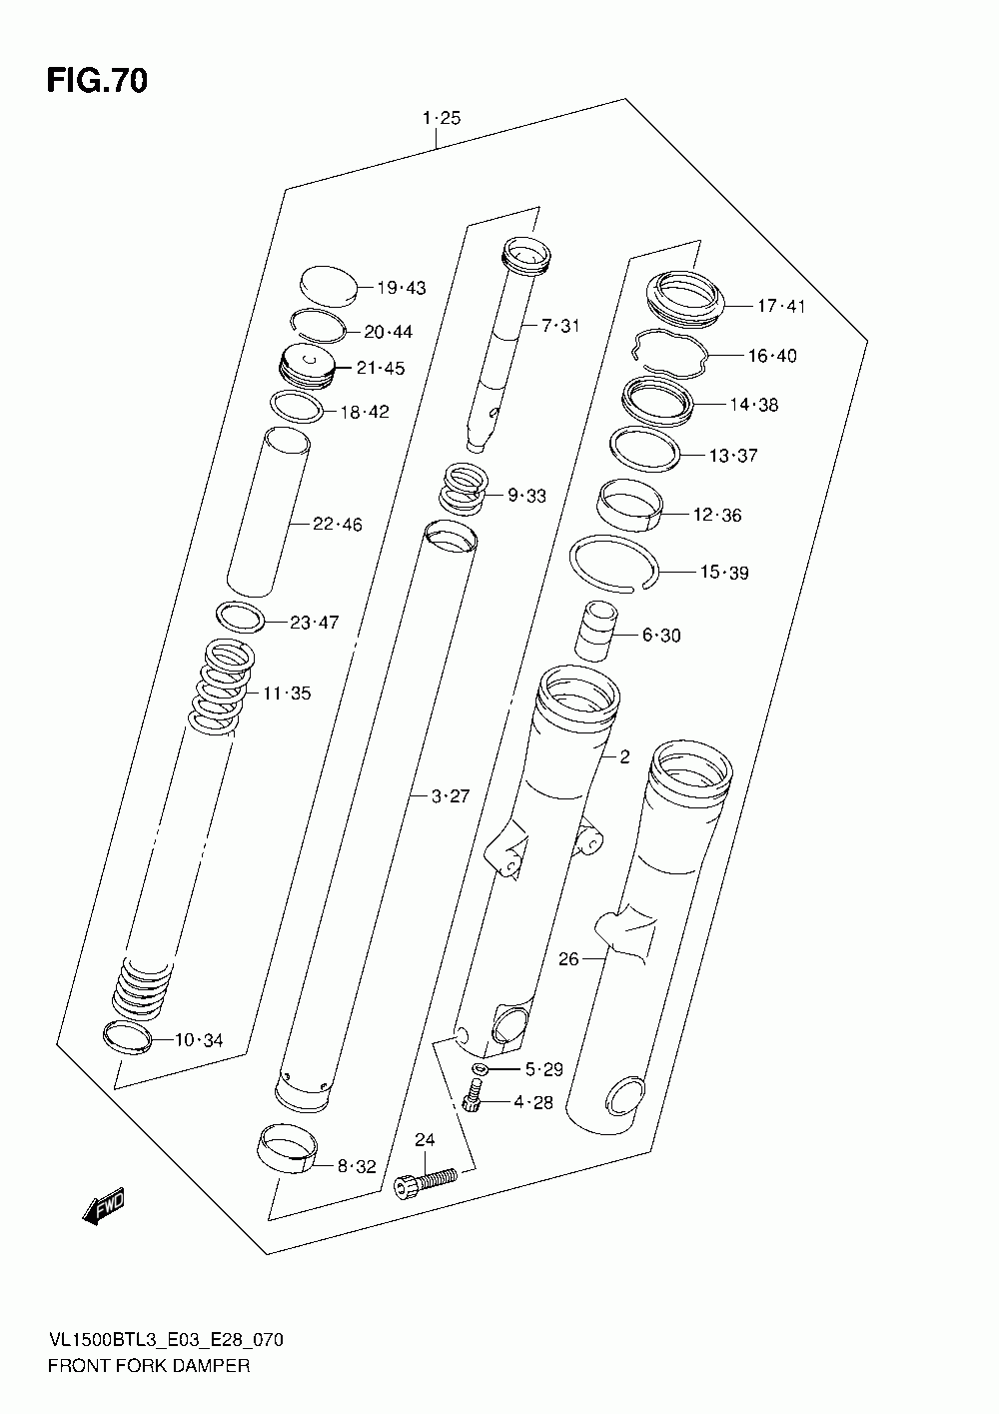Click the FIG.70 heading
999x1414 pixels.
(x=97, y=81)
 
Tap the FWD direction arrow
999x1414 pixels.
(x=104, y=1207)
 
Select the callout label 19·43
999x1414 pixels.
(x=401, y=288)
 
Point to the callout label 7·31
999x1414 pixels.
(x=560, y=325)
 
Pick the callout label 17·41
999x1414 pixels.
(x=780, y=306)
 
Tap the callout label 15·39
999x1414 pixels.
(x=724, y=573)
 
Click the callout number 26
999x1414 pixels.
(x=568, y=959)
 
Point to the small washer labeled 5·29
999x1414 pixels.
(x=480, y=1071)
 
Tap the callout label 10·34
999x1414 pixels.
(x=199, y=1041)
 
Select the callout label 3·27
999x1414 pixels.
(x=450, y=796)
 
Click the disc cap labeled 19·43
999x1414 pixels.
(x=328, y=286)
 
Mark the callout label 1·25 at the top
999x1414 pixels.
(x=441, y=118)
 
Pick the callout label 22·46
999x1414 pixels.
(x=337, y=524)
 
